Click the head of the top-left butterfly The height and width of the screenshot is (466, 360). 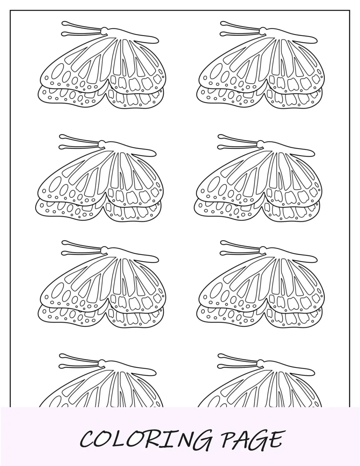click(105, 30)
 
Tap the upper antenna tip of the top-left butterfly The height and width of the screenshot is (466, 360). click(64, 23)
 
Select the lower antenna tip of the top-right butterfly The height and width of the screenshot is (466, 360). click(222, 34)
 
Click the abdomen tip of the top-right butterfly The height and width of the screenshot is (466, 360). click(315, 40)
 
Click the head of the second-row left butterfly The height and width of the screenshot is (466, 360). click(102, 143)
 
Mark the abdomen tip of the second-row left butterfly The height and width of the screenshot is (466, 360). click(154, 153)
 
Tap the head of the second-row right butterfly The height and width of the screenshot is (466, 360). click(261, 143)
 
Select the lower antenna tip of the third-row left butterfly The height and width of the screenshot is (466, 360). click(64, 253)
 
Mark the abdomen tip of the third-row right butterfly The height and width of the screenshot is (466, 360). click(315, 259)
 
